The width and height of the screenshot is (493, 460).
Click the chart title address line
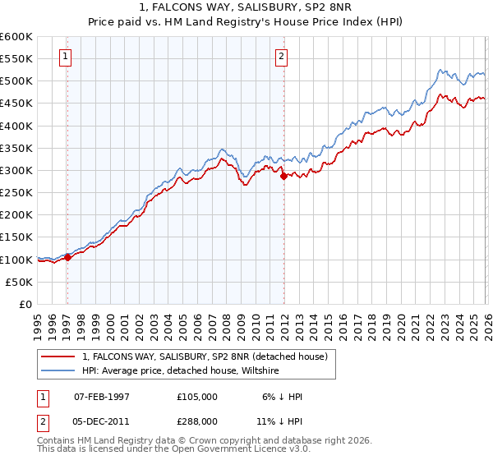point(246,8)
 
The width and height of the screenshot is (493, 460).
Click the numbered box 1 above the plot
point(65,57)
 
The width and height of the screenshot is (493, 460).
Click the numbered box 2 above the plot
point(281,57)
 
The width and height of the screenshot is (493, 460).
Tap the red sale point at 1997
point(67,257)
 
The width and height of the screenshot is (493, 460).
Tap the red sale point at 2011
point(283,176)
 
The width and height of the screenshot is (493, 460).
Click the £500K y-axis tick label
point(16,81)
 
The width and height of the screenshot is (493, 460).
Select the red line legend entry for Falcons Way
point(205,356)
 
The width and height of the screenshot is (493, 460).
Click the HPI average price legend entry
point(181,371)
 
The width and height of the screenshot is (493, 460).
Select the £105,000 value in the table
point(197,397)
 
